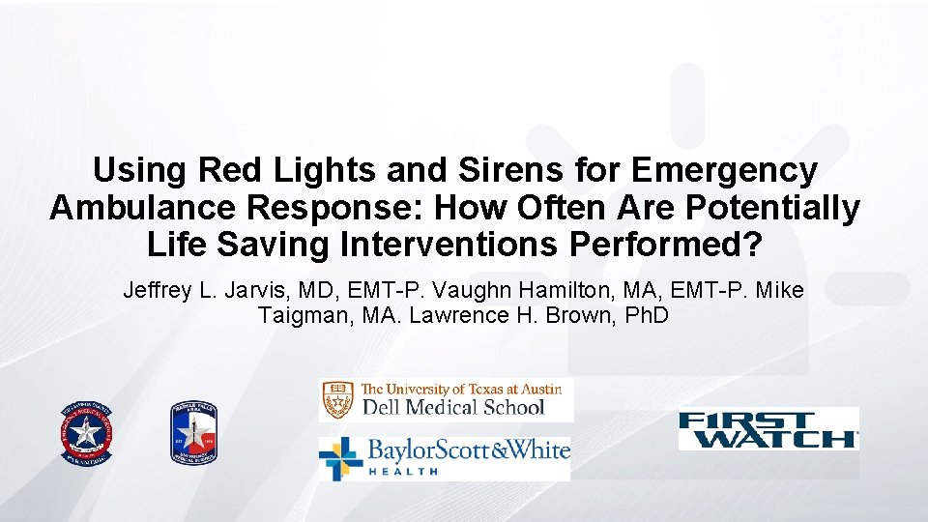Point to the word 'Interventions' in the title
pos(446,246)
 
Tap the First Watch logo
pos(768,429)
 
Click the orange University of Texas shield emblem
pos(339,398)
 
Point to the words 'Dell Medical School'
pos(452,407)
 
